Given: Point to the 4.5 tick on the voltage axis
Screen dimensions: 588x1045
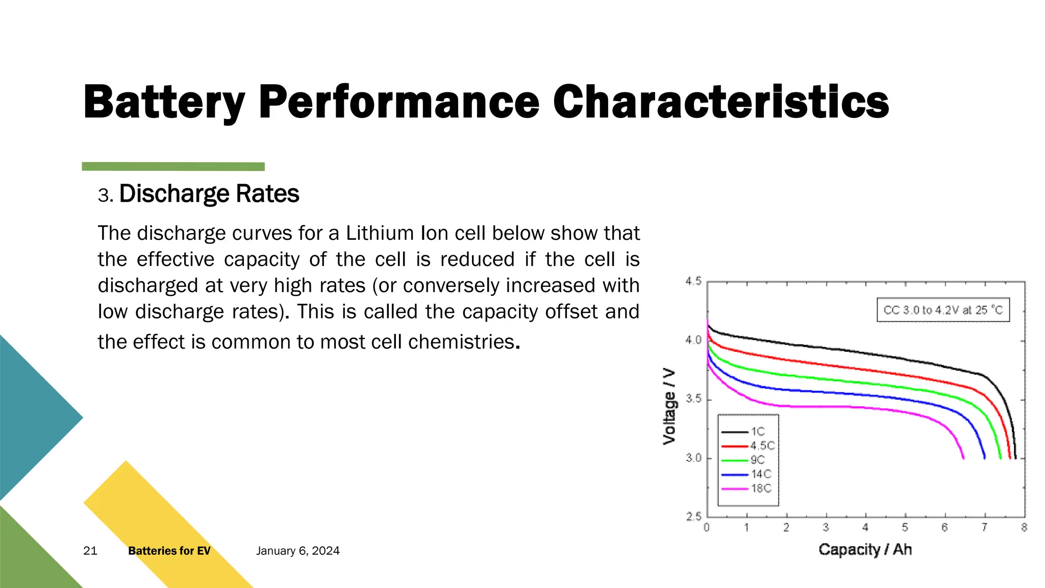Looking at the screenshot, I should point(693,281).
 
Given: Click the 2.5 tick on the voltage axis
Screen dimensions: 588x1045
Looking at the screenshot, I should point(693,517).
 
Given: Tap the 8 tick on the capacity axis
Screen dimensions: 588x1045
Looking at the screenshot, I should point(1024,528).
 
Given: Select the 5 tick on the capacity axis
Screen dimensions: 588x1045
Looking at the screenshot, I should point(905,528).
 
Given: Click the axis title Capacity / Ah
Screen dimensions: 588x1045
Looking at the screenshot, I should point(865,550).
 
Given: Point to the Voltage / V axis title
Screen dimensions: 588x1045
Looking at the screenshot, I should point(669,406).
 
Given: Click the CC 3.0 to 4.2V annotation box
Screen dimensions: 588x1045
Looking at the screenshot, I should point(943,310).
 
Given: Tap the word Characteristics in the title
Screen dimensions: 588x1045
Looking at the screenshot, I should point(720,102).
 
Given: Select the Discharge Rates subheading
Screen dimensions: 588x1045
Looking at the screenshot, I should point(209,194).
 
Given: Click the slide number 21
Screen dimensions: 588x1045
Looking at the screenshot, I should point(90,551).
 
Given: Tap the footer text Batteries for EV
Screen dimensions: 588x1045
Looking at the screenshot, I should point(169,551).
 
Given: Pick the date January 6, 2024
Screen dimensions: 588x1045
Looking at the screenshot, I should point(297,551).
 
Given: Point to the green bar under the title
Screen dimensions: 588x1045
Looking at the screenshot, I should point(173,166).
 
